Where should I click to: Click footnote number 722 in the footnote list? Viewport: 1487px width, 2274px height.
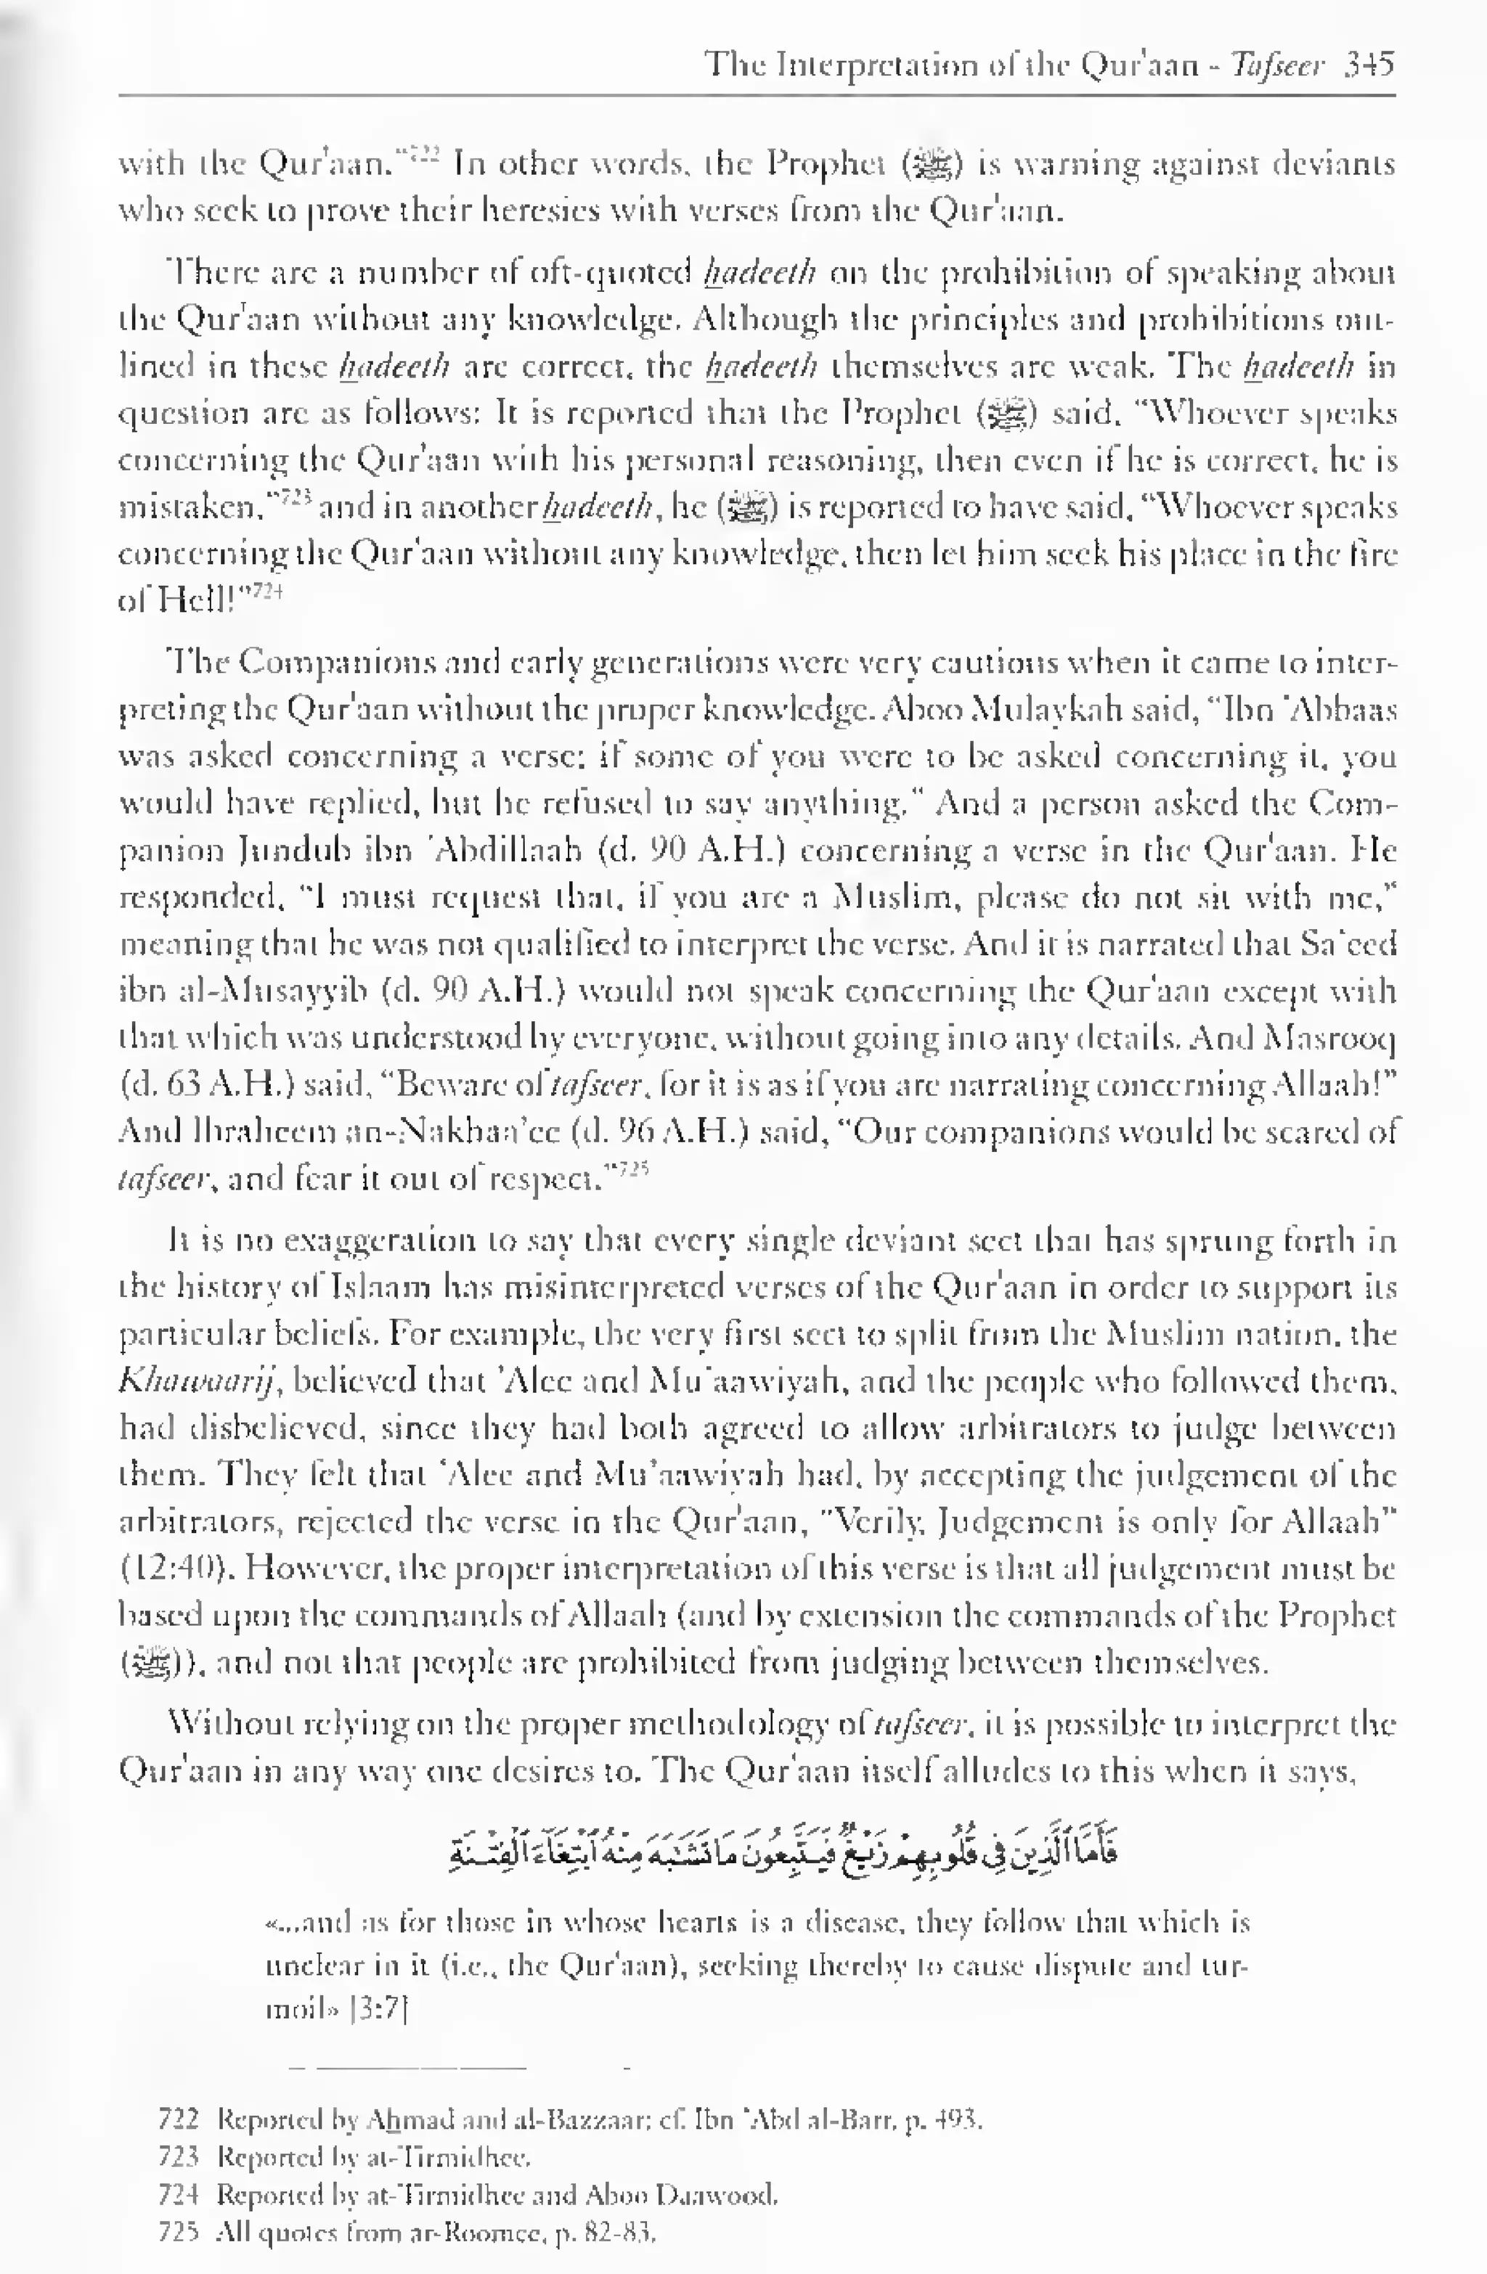(178, 2120)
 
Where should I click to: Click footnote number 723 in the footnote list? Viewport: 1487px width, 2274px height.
(178, 2156)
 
